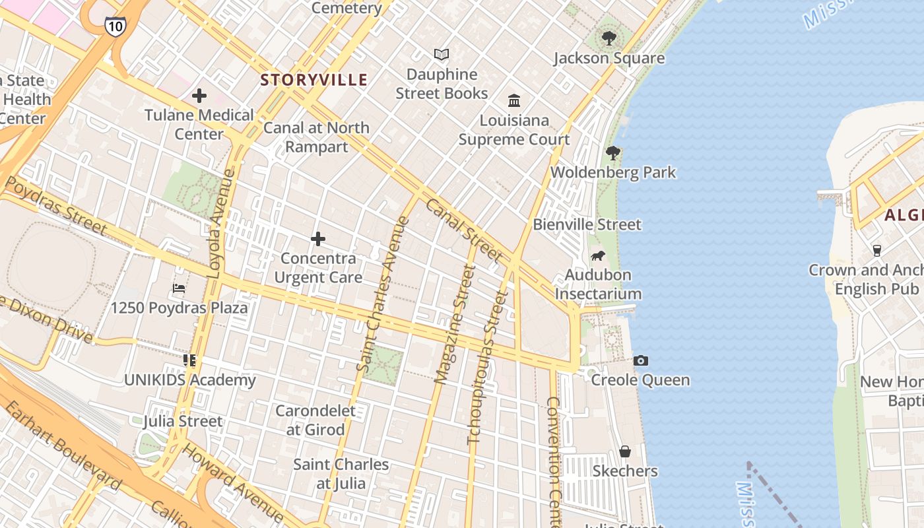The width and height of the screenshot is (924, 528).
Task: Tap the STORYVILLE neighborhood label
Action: coord(313,80)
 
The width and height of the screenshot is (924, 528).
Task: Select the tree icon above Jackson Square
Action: coord(609,38)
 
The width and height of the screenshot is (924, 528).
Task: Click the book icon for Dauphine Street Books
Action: coord(442,54)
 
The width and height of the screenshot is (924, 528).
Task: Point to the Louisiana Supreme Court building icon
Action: coord(514,100)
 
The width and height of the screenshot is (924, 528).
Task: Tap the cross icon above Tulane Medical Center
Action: coord(199,96)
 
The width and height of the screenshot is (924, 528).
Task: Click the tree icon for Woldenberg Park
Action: coord(613,153)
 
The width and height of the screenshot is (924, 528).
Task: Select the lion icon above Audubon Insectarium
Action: coord(598,255)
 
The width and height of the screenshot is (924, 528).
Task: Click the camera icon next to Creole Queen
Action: coord(640,360)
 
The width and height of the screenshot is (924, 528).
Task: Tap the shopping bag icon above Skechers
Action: coord(624,451)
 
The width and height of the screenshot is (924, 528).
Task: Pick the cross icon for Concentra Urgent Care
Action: coord(318,238)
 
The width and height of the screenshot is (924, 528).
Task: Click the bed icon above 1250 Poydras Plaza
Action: coord(179,288)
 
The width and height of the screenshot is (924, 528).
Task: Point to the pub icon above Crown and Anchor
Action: coord(877,250)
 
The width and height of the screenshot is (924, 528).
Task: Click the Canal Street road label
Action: coord(464,228)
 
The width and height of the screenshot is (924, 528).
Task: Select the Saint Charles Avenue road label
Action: coord(383,294)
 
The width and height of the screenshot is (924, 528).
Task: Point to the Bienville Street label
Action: coord(587,224)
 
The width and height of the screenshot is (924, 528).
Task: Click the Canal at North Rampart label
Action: coord(316,137)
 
